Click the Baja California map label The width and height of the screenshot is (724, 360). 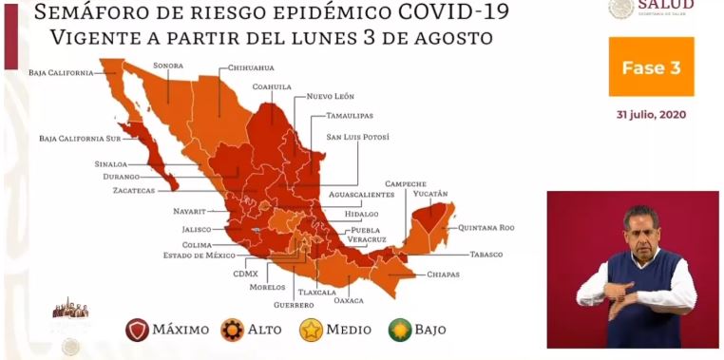click(61, 72)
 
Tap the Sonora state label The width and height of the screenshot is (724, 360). click(168, 66)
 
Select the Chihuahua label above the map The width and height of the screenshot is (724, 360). click(251, 68)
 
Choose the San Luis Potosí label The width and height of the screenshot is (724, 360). click(358, 137)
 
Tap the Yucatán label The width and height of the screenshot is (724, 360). click(429, 193)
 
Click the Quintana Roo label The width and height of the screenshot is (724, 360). click(486, 227)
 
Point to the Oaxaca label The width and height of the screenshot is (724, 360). click(350, 302)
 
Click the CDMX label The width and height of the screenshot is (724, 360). click(245, 274)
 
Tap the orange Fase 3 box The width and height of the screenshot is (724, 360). click(651, 67)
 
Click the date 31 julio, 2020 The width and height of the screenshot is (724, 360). click(651, 115)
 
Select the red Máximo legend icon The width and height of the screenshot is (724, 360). click(138, 330)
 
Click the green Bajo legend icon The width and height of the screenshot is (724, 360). click(400, 330)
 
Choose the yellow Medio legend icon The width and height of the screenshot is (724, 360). click(311, 330)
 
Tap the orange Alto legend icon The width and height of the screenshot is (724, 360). click(232, 330)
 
